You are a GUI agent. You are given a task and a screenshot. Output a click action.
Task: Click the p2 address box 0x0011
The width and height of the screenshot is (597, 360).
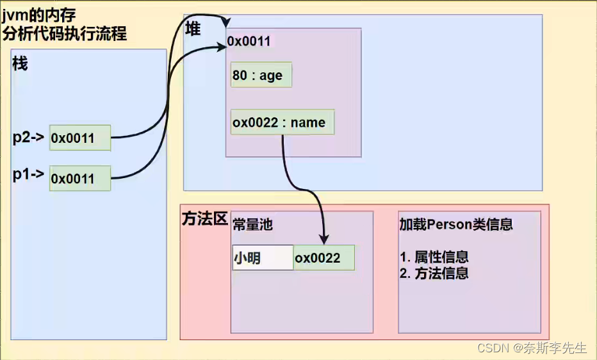click(80, 138)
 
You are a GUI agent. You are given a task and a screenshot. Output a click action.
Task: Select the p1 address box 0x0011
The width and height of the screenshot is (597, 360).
click(80, 178)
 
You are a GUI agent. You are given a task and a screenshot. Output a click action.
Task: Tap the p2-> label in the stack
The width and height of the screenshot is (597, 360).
click(28, 137)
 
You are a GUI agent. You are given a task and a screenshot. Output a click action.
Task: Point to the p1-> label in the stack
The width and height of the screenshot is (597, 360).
click(28, 174)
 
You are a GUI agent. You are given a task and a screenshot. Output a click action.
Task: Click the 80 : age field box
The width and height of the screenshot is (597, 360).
click(261, 75)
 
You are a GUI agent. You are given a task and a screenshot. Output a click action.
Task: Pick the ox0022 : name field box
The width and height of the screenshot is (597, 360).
click(282, 122)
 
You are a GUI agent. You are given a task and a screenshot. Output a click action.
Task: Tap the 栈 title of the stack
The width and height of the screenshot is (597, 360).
click(20, 64)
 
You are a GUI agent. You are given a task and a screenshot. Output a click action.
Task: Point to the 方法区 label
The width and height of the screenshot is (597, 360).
click(205, 219)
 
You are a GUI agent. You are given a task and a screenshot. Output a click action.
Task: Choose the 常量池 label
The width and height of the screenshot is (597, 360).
click(252, 224)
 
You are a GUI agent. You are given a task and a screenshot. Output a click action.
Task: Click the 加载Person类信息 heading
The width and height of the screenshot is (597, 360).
click(456, 224)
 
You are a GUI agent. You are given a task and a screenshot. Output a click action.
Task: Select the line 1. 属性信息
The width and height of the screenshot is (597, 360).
click(434, 257)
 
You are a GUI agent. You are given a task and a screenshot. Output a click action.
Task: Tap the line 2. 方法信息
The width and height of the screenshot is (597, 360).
click(434, 274)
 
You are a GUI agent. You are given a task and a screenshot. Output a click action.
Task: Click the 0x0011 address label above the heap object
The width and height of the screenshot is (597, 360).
click(249, 42)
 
